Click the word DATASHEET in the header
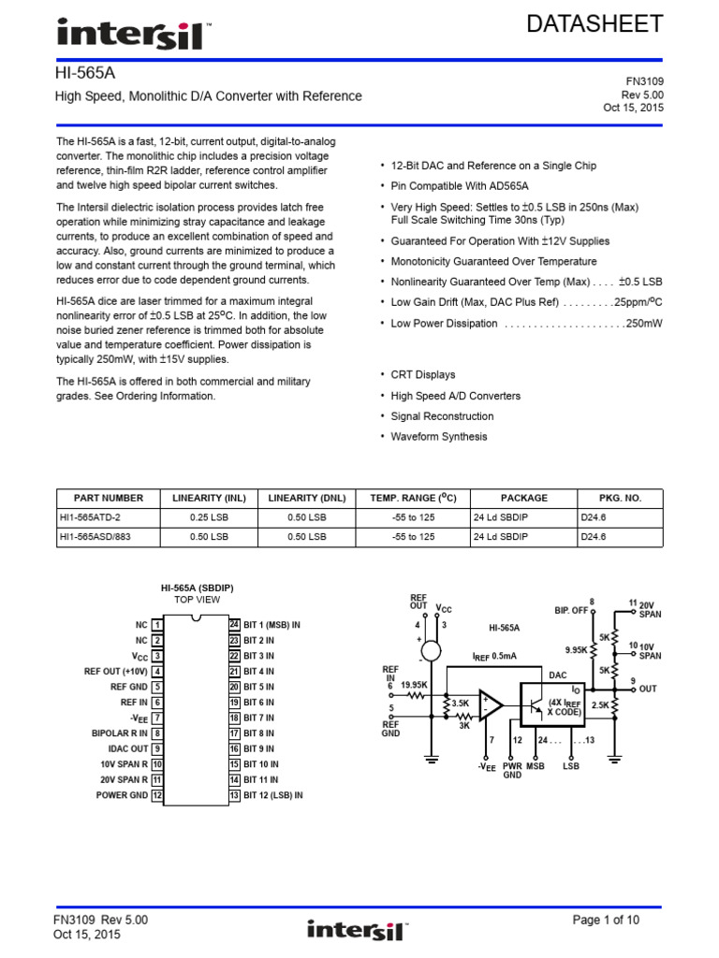[x=594, y=24]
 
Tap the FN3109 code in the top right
[x=643, y=81]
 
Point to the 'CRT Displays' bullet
[x=422, y=374]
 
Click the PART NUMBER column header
[x=101, y=498]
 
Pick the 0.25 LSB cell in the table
[x=203, y=517]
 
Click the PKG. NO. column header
[x=620, y=498]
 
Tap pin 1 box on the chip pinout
[x=158, y=624]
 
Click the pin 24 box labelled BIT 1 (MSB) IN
[x=234, y=624]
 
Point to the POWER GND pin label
[x=122, y=795]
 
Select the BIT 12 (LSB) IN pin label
[x=272, y=795]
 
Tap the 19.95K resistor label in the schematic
[x=414, y=684]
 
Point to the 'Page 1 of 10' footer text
[x=606, y=921]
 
